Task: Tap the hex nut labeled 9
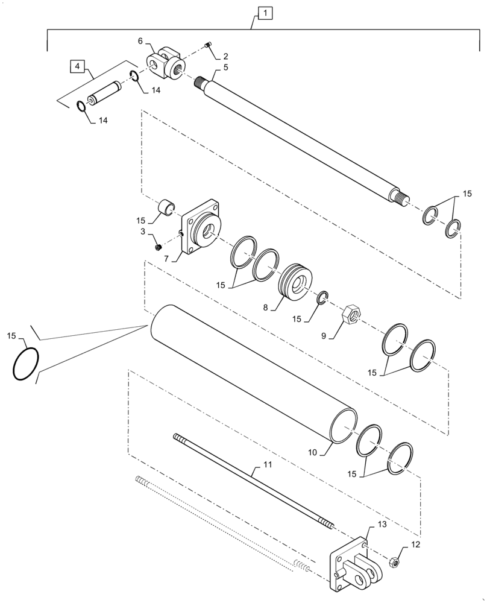(x=350, y=314)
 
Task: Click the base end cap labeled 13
(x=351, y=563)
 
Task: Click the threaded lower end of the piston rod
(x=401, y=196)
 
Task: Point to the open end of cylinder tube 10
(x=344, y=426)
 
